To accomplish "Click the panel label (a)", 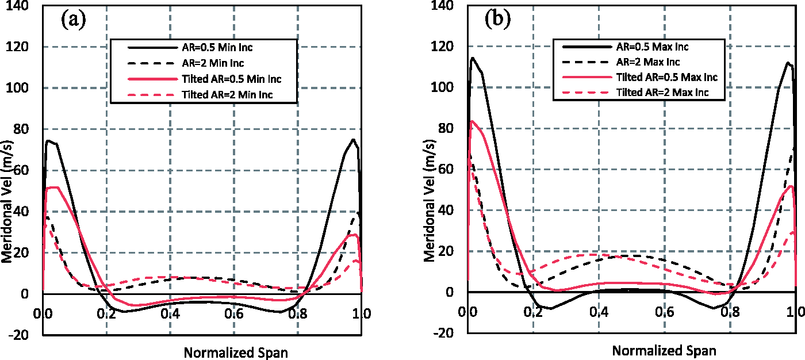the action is coord(74,20).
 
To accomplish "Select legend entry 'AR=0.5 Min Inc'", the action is coord(217,47).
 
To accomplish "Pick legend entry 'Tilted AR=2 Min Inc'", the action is coord(227,94).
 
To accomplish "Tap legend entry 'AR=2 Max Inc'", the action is coord(648,62).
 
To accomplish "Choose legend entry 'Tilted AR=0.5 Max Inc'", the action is coord(667,77).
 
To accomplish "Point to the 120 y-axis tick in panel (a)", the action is coord(17,47).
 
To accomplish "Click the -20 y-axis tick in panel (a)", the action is coord(18,335).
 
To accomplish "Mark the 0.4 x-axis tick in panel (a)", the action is coord(170,313).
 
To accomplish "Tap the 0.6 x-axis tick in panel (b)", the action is coord(665,312).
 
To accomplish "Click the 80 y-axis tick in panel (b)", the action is coord(446,128).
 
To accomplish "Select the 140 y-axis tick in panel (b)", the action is coord(442,6).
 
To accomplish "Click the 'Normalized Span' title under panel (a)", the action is coord(236,353).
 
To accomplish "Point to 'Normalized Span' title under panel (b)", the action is coord(664,350).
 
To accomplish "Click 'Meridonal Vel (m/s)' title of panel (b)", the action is coord(430,201).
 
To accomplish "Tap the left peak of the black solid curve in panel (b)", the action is coord(472,58).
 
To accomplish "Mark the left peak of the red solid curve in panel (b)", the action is coord(472,121).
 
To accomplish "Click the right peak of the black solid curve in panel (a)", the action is coord(353,139).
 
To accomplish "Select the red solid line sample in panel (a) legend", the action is coord(152,79).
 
